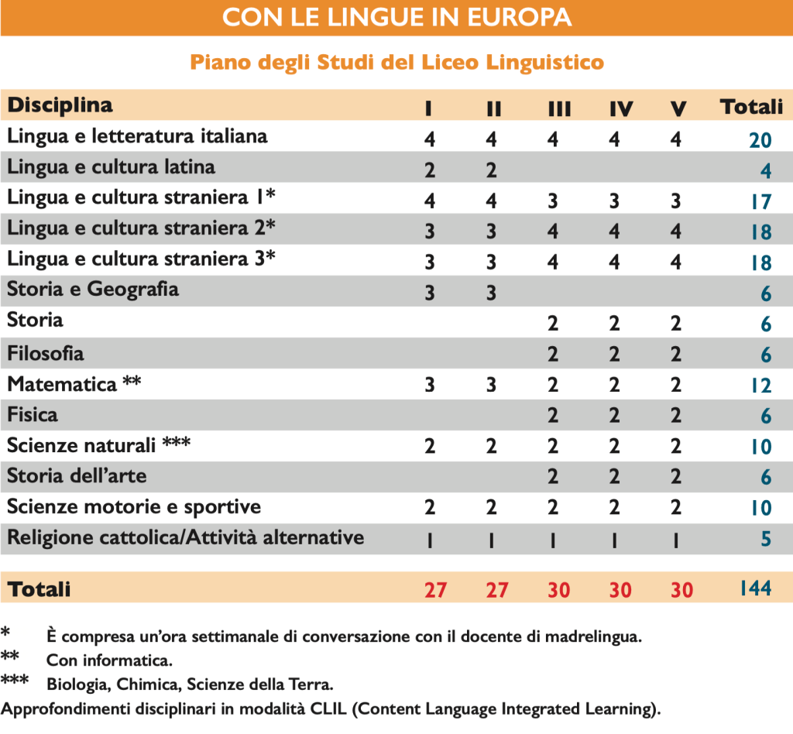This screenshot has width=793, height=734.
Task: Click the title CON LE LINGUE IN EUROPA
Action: point(396,17)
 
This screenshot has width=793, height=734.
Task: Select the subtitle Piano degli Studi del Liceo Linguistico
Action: point(396,62)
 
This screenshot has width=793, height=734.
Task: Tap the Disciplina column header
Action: point(60,105)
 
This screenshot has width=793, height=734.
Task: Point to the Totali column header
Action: point(751,107)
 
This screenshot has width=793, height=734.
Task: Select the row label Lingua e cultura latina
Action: point(112,167)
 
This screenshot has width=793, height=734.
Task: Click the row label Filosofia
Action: point(46,354)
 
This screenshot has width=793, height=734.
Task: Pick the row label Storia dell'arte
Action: point(77,476)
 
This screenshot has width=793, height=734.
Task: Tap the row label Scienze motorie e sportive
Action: point(134,507)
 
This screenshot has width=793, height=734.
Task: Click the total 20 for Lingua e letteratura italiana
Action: point(760,140)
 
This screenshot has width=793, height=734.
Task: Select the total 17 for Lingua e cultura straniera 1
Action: point(760,202)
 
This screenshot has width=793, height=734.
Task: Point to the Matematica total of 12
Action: point(760,386)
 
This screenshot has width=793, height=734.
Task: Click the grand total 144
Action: point(754,588)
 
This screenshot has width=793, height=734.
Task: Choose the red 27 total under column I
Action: point(435,590)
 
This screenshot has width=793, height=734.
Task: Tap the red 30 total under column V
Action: point(681,590)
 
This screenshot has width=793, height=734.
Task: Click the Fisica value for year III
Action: point(553,416)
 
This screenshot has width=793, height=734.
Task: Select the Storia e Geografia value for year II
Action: point(491,293)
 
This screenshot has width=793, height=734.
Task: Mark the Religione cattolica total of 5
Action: point(766,539)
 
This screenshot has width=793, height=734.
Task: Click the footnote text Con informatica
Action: point(109,661)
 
